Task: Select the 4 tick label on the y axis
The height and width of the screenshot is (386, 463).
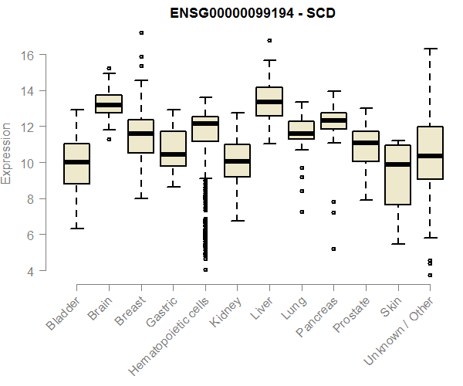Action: click(30, 271)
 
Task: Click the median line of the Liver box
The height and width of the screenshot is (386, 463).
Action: click(269, 101)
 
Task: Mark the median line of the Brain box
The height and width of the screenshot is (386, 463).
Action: click(108, 104)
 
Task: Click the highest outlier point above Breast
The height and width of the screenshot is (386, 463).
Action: click(140, 32)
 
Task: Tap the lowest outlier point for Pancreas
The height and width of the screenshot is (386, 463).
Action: click(333, 249)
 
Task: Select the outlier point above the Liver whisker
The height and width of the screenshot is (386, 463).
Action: click(269, 40)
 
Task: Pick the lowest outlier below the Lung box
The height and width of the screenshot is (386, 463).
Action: click(301, 212)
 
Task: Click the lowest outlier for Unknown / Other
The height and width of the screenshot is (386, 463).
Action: click(430, 275)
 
